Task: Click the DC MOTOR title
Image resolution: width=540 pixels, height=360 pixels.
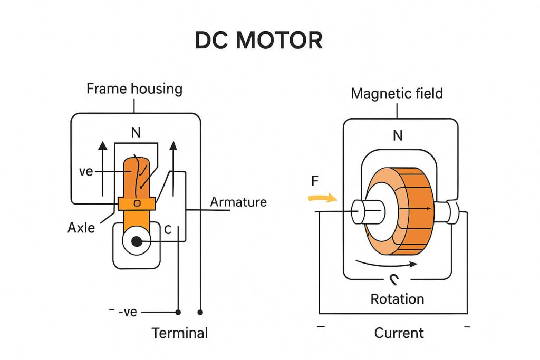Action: coord(258,41)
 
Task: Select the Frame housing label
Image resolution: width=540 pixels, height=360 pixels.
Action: coord(134,89)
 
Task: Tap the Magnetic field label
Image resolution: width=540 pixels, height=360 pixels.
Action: coord(397,94)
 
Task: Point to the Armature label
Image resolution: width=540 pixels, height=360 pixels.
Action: coord(238,202)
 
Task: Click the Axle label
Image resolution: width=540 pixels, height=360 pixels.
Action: coord(81,228)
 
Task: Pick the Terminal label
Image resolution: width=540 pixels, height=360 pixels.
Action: coord(180,333)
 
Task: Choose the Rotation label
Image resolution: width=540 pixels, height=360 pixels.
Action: coord(397,299)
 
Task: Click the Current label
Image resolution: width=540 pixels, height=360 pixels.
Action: coord(399,333)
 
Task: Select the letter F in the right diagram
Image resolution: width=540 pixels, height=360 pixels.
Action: coord(315,182)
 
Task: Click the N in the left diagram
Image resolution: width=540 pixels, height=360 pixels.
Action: coord(136,133)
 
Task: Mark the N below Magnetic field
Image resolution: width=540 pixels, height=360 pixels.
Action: coord(398,135)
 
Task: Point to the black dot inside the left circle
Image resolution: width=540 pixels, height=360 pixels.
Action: coord(137,242)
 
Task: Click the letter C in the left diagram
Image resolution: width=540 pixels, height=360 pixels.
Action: coord(168,230)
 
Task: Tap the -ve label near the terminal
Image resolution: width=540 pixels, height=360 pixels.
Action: coord(127,312)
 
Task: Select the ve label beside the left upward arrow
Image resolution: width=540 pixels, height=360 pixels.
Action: coord(86,172)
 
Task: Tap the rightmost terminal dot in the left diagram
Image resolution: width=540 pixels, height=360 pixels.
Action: coord(200,313)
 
